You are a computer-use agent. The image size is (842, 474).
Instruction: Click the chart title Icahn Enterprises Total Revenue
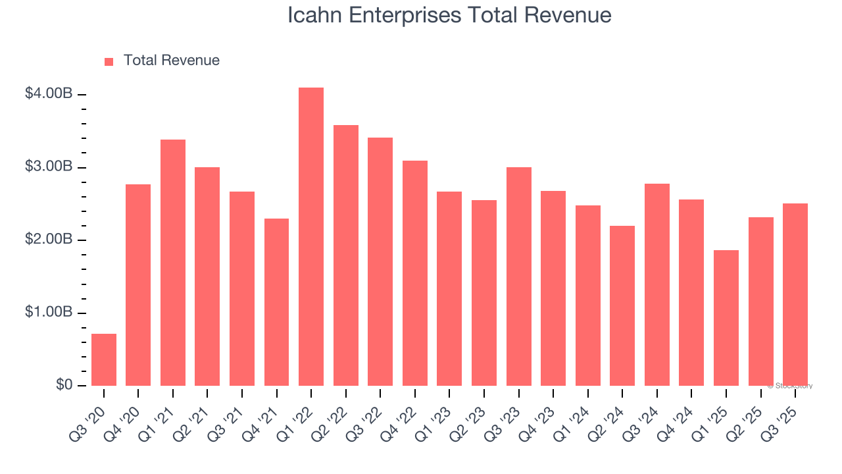coord(449,15)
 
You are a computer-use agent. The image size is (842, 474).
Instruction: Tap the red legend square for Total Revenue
coord(109,61)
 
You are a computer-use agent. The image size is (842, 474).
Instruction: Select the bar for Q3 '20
coord(104,359)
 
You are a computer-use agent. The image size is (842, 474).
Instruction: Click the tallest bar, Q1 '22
coord(311,237)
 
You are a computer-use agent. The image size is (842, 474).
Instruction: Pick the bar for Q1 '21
coord(173,263)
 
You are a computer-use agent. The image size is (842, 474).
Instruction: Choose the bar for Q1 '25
coord(726,318)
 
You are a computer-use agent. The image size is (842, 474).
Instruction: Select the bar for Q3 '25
coord(795,294)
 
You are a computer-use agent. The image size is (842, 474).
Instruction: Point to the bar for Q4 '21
coord(276,302)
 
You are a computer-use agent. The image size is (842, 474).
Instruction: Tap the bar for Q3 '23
coord(518,276)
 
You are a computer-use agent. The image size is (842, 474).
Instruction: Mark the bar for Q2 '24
coord(622,305)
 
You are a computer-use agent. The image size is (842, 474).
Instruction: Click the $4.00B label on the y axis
coord(48,94)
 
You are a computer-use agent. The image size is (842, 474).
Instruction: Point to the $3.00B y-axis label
coord(48,167)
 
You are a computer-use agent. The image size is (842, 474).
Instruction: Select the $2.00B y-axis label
coord(48,240)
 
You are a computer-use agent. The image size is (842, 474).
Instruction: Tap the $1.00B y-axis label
coord(48,313)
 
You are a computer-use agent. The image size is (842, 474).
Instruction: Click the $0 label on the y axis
coord(63,385)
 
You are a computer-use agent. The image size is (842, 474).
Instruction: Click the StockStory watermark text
coord(790,386)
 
